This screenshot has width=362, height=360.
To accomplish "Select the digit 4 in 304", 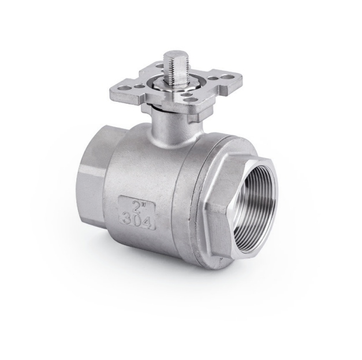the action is [x=147, y=222].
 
